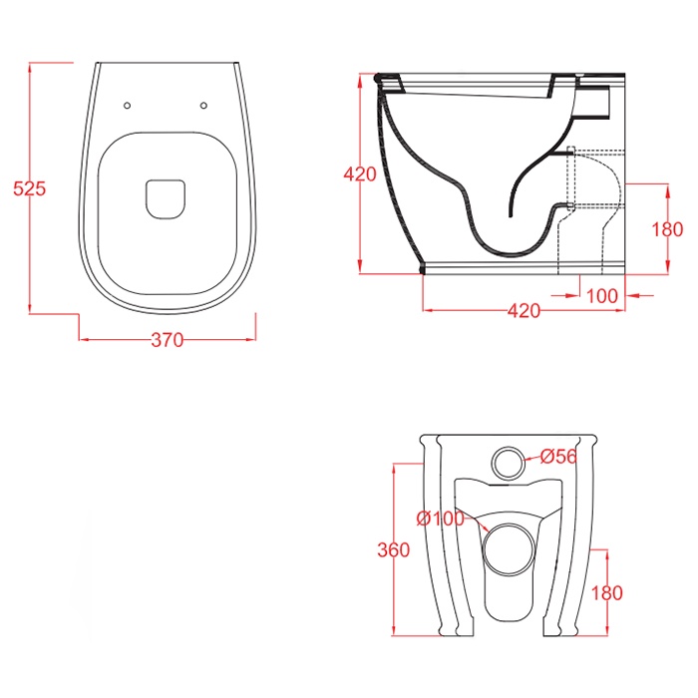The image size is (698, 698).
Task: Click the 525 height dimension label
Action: point(29,188)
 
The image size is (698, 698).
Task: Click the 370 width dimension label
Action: point(168,340)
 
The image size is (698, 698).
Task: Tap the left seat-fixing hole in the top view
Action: point(127,106)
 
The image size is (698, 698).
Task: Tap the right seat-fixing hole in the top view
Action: point(203,106)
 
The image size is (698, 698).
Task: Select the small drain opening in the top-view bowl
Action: point(166,199)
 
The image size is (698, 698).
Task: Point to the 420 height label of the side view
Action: point(360,174)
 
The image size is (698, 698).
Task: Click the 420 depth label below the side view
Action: point(523,311)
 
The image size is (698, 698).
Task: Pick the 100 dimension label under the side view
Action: point(602,296)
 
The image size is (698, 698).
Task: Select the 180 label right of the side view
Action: point(667,229)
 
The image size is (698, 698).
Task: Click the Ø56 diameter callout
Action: point(558,457)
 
